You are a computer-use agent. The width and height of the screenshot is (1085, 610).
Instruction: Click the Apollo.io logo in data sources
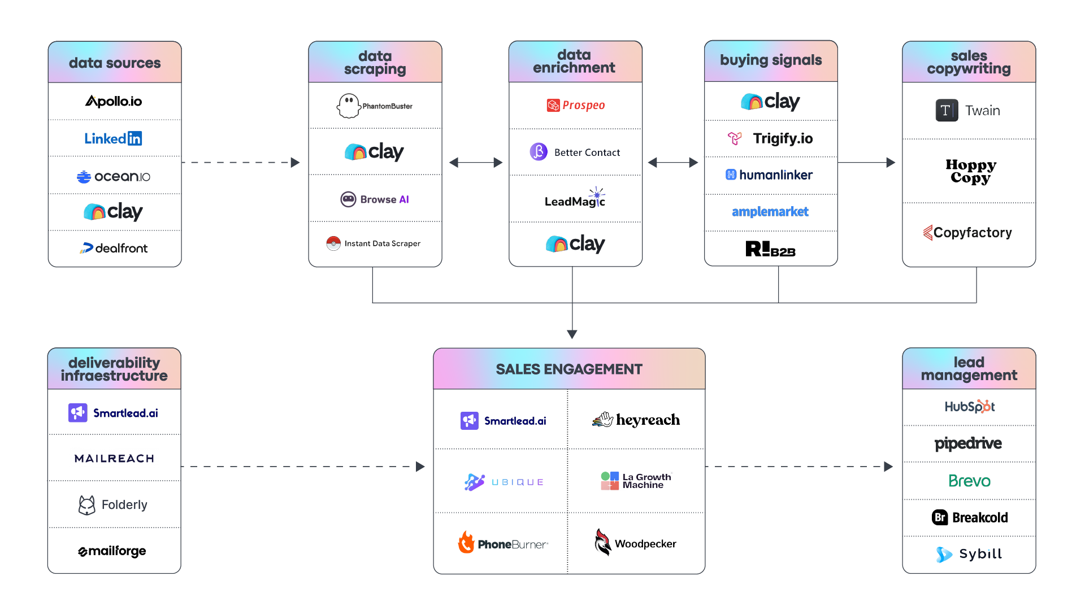(114, 101)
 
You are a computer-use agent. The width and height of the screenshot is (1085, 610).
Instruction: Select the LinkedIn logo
(113, 138)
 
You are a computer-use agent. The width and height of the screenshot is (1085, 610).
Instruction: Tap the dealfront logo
(114, 248)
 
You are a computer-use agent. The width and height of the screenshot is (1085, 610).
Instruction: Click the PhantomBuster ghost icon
(348, 106)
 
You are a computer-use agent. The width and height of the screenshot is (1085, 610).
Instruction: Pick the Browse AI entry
(375, 199)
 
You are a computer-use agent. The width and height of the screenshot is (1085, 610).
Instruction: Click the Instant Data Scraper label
(382, 243)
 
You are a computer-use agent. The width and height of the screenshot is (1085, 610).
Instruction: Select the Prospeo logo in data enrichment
(576, 105)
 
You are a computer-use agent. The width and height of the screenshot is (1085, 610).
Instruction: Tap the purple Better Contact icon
(539, 151)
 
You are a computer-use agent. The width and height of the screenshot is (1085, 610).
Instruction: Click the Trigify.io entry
(771, 138)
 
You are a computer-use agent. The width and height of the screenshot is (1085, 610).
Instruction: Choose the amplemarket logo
(770, 212)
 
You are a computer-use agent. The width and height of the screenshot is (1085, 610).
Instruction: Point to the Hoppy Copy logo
(970, 171)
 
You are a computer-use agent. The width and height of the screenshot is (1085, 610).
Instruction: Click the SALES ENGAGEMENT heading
(569, 369)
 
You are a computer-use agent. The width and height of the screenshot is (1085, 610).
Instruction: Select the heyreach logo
(636, 420)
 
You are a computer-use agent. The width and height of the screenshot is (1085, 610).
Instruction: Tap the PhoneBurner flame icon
(466, 542)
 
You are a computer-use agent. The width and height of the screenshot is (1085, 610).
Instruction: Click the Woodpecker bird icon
(602, 542)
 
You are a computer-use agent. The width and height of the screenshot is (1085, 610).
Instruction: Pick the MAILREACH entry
(114, 458)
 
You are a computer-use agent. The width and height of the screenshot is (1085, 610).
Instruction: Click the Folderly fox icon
(86, 504)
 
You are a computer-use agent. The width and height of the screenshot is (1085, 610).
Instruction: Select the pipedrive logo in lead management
(968, 443)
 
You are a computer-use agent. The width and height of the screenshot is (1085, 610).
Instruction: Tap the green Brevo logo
(969, 481)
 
